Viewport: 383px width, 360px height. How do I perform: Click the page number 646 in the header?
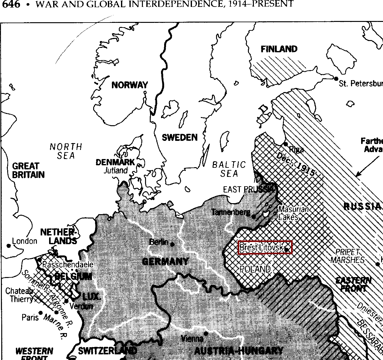click(11, 4)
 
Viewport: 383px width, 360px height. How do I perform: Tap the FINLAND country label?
click(279, 49)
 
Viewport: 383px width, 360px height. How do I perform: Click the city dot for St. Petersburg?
click(336, 78)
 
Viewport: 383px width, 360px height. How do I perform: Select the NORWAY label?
click(130, 85)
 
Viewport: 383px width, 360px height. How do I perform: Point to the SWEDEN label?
click(180, 137)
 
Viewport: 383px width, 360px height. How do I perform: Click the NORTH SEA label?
click(66, 151)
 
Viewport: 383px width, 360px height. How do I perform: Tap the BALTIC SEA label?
click(229, 169)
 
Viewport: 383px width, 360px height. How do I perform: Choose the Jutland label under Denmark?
click(116, 171)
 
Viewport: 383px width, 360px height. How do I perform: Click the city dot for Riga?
click(285, 144)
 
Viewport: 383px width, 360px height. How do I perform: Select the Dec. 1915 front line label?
click(295, 164)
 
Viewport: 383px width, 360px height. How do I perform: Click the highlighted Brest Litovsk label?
click(265, 247)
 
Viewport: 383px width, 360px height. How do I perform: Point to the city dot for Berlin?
click(172, 244)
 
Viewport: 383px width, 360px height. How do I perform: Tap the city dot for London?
click(9, 246)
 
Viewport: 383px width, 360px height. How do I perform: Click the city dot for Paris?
click(40, 313)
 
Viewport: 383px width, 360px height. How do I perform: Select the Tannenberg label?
click(231, 213)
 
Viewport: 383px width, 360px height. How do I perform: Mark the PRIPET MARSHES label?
click(347, 256)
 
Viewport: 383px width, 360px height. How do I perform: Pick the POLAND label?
click(255, 269)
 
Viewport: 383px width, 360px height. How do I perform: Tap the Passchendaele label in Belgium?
click(68, 265)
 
